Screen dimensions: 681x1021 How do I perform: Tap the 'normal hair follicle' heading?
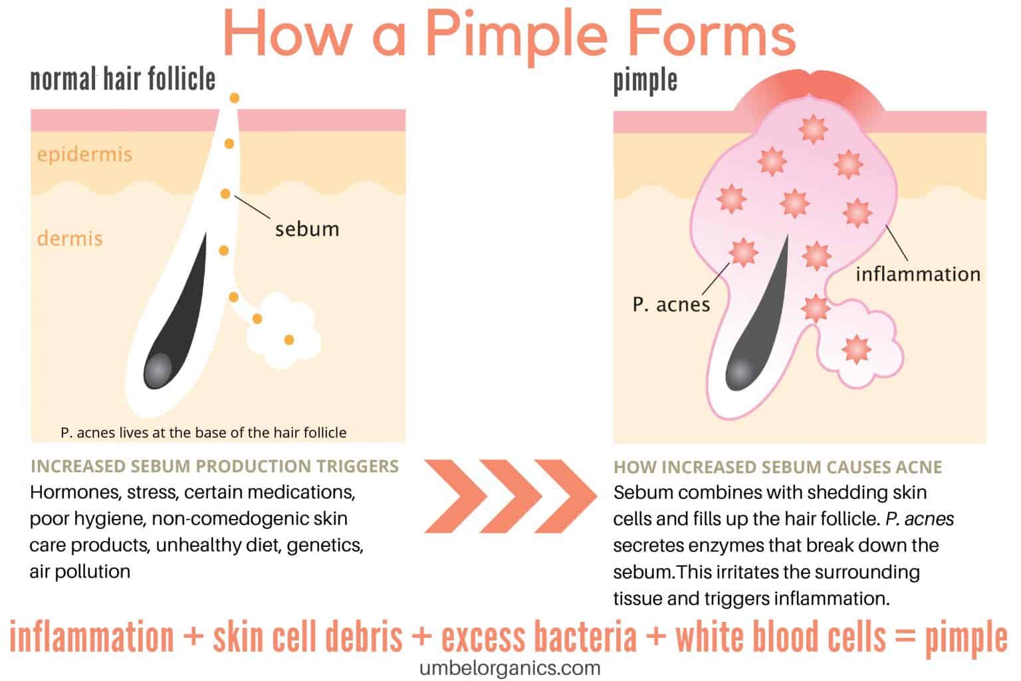tap(123, 79)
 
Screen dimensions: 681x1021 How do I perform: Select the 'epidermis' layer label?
tap(84, 154)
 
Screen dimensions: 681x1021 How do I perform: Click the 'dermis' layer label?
tap(70, 238)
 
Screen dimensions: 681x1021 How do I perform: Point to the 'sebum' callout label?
tap(307, 229)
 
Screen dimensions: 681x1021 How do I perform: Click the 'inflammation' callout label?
tap(917, 274)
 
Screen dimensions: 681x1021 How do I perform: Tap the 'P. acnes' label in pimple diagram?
tap(671, 304)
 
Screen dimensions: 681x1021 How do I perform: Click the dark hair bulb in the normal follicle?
tap(158, 369)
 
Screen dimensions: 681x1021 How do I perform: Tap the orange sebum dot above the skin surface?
tap(234, 98)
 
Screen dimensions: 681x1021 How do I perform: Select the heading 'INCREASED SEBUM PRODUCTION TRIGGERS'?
tap(215, 466)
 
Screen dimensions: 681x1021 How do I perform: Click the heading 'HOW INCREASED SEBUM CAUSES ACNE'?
tap(777, 467)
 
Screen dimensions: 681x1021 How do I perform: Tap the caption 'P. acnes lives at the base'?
tap(203, 433)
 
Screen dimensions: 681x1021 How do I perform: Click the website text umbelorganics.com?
tap(510, 668)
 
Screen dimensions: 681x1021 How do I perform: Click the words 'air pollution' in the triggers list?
tap(80, 571)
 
